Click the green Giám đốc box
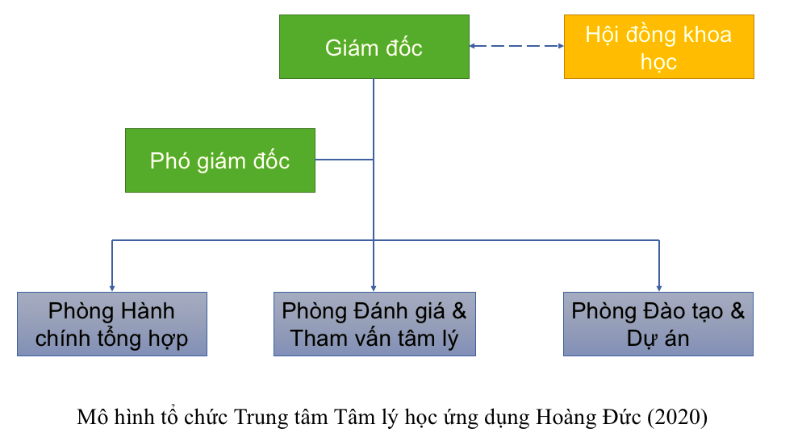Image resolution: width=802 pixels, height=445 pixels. click(x=374, y=48)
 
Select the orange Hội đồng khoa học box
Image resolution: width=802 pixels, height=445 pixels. click(x=658, y=48)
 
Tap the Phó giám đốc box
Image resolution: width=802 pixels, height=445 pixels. click(x=219, y=160)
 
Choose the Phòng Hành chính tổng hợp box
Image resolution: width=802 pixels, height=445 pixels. click(x=112, y=324)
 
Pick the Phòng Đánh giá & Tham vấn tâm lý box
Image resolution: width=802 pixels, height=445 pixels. click(x=374, y=324)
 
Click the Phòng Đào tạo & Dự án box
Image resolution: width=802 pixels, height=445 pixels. click(x=658, y=324)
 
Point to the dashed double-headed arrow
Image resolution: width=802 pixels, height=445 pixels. click(x=516, y=46)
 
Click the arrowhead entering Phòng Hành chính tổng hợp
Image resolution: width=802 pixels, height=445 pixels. click(x=112, y=287)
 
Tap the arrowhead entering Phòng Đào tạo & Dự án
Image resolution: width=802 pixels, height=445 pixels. click(x=659, y=287)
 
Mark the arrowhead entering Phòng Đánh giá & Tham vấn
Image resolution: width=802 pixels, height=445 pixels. click(x=374, y=287)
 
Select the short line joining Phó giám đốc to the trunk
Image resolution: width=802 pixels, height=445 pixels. click(x=345, y=160)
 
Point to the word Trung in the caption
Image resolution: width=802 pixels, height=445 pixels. click(x=259, y=418)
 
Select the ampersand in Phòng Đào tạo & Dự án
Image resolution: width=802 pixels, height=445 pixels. click(x=737, y=311)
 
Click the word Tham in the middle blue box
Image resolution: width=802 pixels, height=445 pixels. click(x=317, y=338)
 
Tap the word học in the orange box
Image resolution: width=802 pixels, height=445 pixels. click(x=658, y=61)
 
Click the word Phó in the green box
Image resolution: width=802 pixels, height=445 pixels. click(x=168, y=160)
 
